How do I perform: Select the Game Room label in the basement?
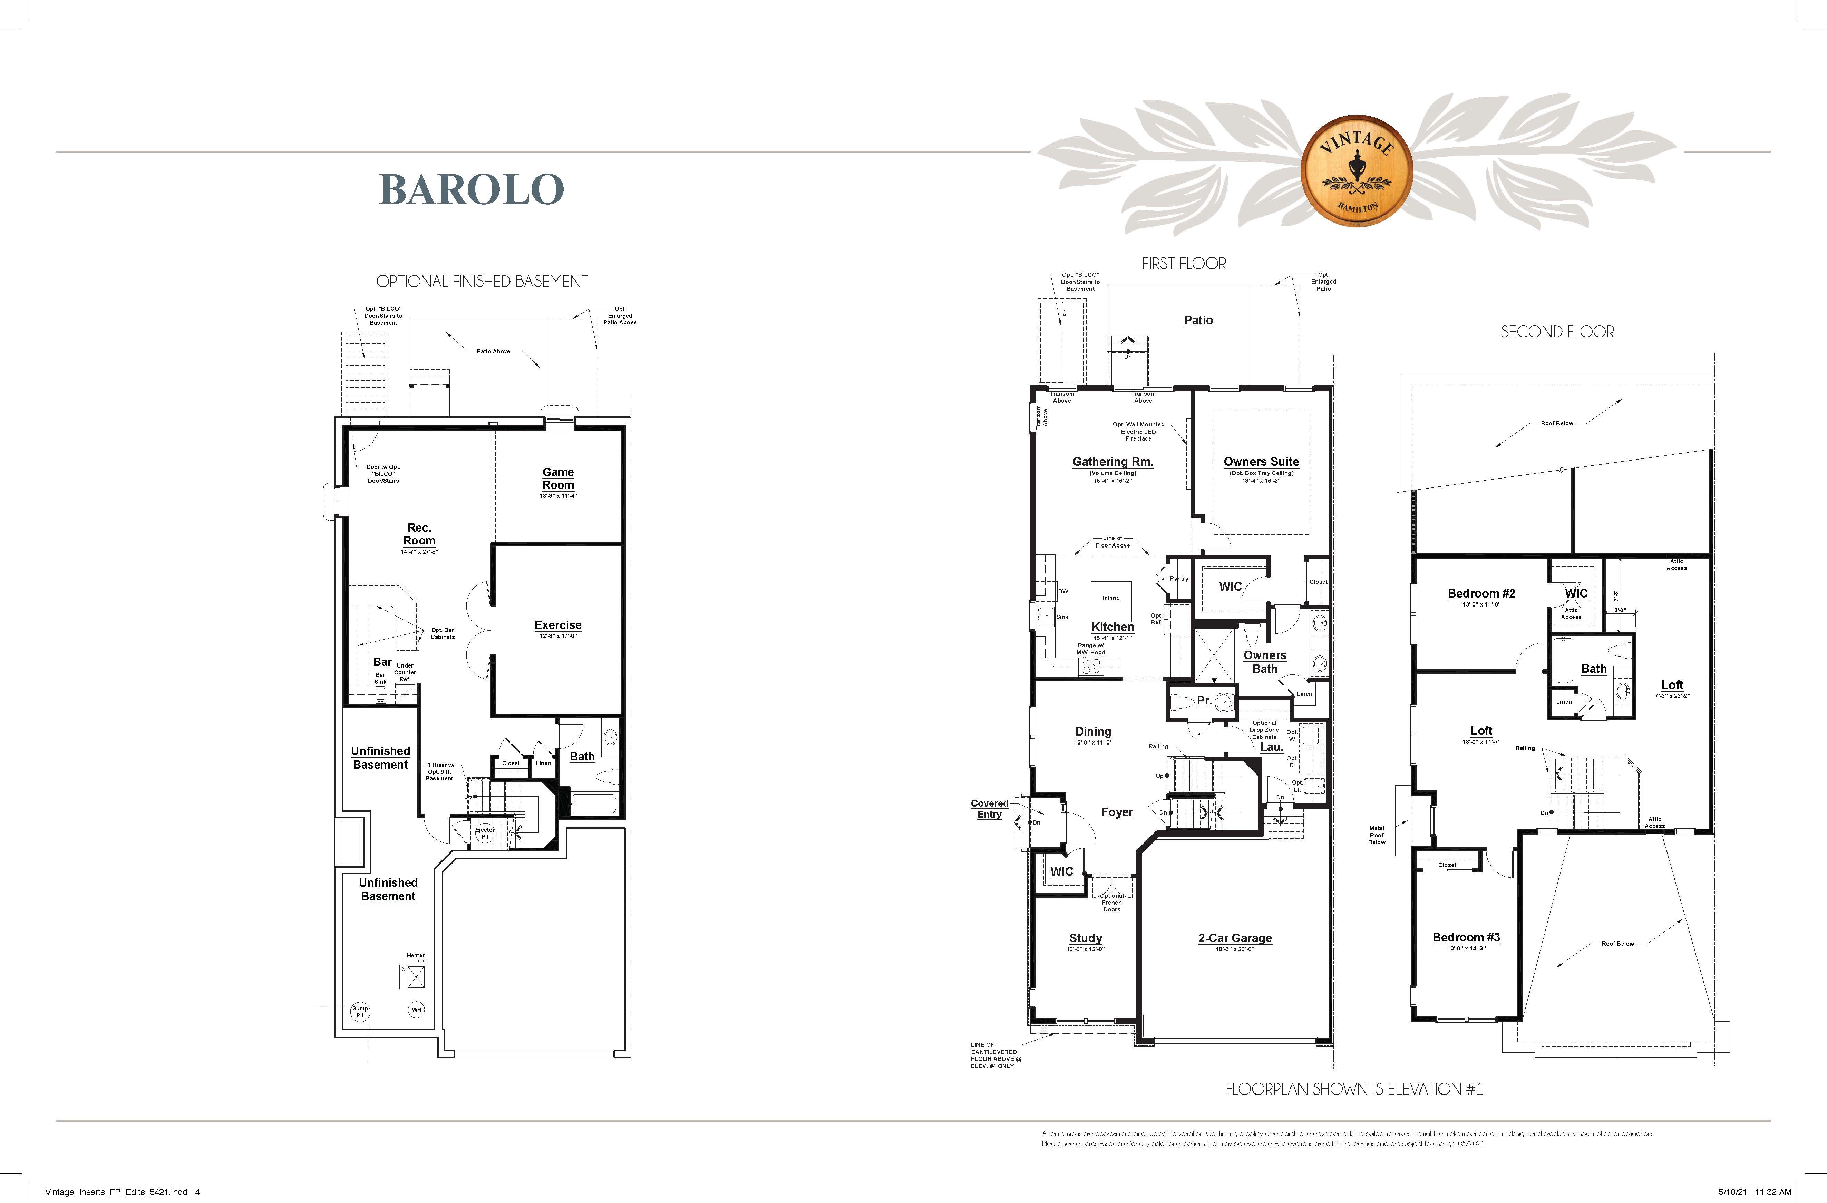click(x=558, y=479)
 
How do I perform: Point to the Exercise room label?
click(x=558, y=625)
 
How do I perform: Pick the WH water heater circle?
click(x=416, y=1010)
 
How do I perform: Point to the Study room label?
click(x=1086, y=938)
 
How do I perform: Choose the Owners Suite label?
click(x=1261, y=462)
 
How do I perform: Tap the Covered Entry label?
click(x=990, y=809)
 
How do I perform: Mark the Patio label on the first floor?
click(x=1198, y=321)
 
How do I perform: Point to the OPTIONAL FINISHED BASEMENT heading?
click(x=482, y=282)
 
